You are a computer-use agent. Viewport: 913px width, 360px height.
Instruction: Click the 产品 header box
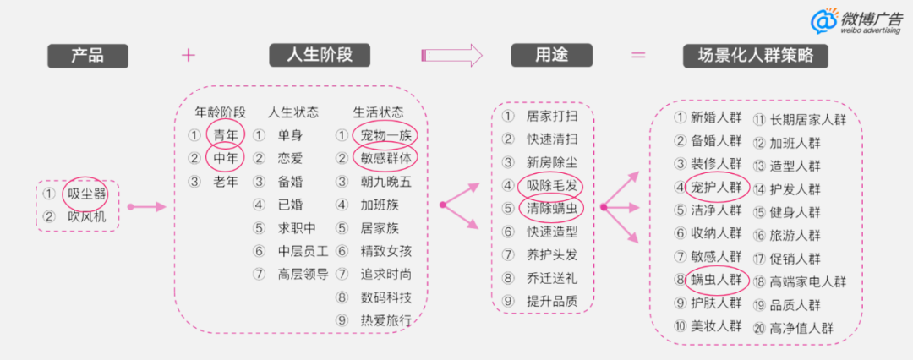[x=87, y=56]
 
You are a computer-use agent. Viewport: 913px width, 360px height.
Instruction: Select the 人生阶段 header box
[x=322, y=56]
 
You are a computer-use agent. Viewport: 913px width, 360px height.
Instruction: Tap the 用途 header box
[x=551, y=56]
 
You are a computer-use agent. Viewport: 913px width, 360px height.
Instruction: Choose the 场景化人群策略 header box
[x=755, y=56]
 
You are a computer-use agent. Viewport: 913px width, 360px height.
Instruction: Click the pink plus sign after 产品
[x=189, y=56]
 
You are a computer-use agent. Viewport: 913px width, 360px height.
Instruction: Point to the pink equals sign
[x=638, y=56]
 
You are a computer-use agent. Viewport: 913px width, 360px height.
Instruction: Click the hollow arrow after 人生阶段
[x=451, y=56]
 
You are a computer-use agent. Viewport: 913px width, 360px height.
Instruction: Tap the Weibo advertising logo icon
[x=823, y=21]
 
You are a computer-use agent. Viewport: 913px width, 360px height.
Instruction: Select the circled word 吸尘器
[x=88, y=194]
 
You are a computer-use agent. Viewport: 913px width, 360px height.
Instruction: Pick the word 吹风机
[x=88, y=216]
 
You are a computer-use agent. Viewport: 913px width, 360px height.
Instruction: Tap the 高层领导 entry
[x=303, y=273]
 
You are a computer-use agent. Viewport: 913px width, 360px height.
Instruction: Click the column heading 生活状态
[x=378, y=112]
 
